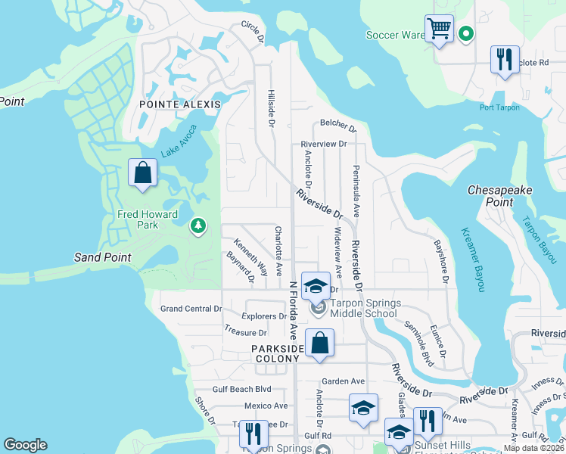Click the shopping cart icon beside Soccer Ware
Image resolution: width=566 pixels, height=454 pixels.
pyautogui.click(x=439, y=30)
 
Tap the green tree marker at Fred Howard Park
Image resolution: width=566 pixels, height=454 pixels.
pyautogui.click(x=198, y=225)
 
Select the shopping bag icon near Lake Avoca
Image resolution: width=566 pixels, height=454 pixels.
pyautogui.click(x=142, y=173)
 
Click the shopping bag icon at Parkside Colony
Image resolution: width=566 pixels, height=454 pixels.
pyautogui.click(x=320, y=343)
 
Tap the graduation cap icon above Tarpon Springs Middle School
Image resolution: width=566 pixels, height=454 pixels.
pyautogui.click(x=316, y=286)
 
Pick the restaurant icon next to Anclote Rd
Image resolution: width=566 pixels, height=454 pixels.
pyautogui.click(x=505, y=60)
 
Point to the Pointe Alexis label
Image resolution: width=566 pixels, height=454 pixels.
pyautogui.click(x=179, y=104)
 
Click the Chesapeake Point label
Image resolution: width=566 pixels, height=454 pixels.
pyautogui.click(x=501, y=195)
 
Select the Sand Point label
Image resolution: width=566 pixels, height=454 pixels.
pyautogui.click(x=102, y=257)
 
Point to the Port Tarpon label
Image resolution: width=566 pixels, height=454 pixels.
pyautogui.click(x=499, y=107)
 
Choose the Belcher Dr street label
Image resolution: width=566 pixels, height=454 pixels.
pyautogui.click(x=337, y=125)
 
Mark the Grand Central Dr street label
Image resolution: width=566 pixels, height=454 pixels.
pyautogui.click(x=191, y=309)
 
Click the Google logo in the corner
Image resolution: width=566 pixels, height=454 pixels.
pyautogui.click(x=26, y=445)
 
